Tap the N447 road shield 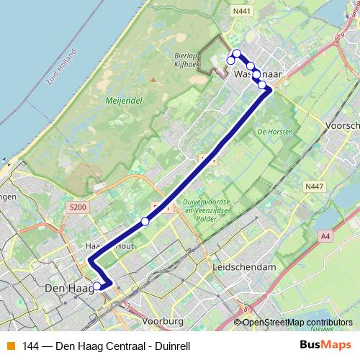(x=312, y=186)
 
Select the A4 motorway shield (x=325, y=235)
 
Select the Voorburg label (x=165, y=320)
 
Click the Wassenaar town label (x=256, y=74)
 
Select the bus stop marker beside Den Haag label (x=97, y=287)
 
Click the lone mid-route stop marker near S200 (x=145, y=221)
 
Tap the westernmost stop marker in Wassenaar (x=230, y=60)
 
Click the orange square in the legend (x=10, y=346)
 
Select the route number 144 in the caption (x=30, y=346)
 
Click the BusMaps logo (x=325, y=345)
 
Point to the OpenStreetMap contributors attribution (x=297, y=323)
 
